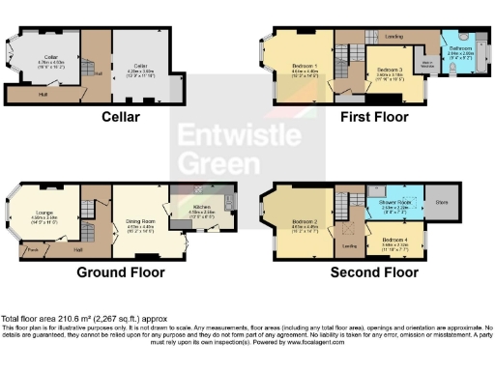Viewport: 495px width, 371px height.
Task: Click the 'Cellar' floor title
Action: [x=121, y=117]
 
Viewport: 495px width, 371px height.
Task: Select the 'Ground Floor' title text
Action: [x=120, y=272]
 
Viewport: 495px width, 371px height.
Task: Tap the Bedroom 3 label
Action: [x=390, y=71]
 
